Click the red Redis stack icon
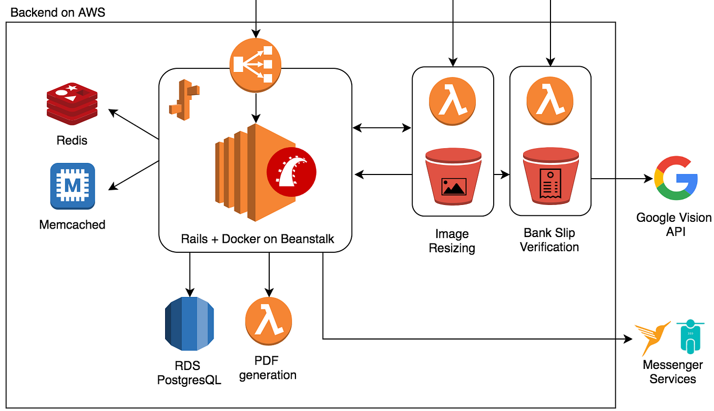coord(72,102)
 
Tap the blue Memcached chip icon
coord(73,186)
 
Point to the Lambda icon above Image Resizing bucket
coord(452,100)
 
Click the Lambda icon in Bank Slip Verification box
coord(550,100)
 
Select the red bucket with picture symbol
coord(453,177)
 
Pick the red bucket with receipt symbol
coord(550,177)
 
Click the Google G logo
coord(676,178)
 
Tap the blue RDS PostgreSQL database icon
coord(189,324)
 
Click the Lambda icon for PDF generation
coord(269,321)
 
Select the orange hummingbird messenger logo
coord(652,338)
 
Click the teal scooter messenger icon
coord(689,337)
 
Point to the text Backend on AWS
coord(58,12)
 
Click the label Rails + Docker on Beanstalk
coord(258,239)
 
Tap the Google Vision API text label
coord(674,224)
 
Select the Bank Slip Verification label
coord(549,240)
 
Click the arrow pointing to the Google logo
coord(623,179)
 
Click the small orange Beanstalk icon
coord(181,100)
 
